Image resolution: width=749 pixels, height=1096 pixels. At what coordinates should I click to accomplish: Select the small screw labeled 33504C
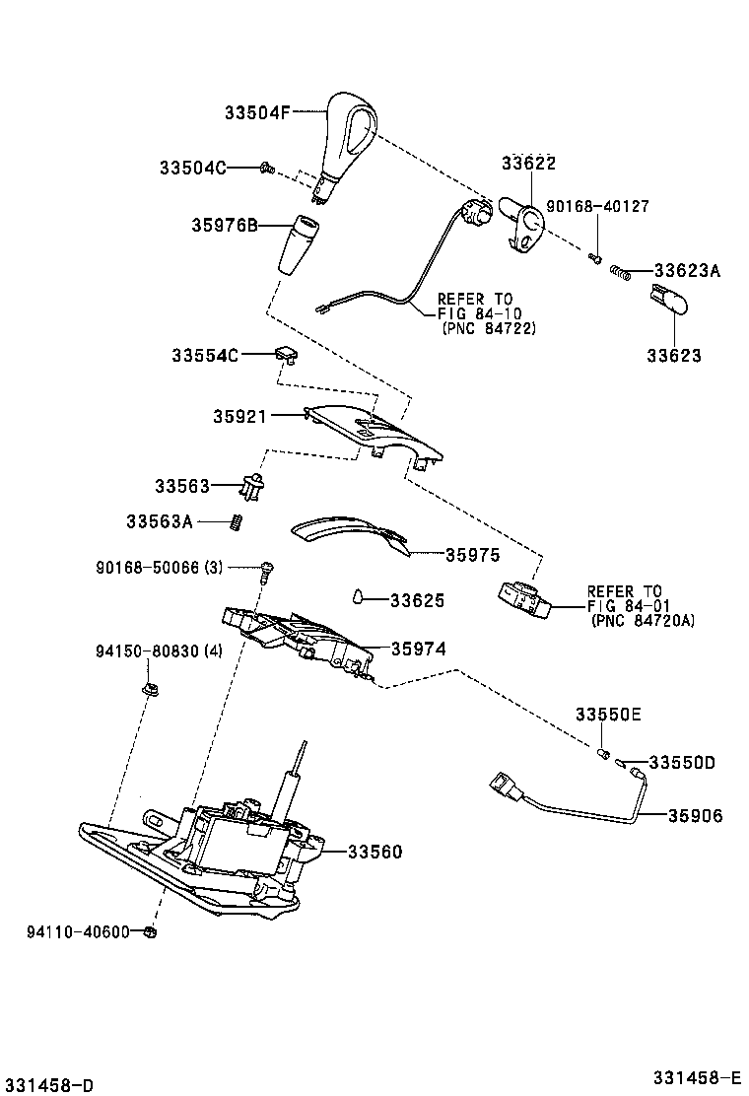pyautogui.click(x=265, y=168)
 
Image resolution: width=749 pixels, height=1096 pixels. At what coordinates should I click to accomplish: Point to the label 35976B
pyautogui.click(x=225, y=226)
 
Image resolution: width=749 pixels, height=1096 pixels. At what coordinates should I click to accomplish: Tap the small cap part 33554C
pyautogui.click(x=285, y=352)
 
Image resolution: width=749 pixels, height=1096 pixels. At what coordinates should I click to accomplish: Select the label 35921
pyautogui.click(x=239, y=417)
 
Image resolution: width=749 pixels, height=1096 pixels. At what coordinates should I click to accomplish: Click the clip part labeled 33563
pyautogui.click(x=255, y=485)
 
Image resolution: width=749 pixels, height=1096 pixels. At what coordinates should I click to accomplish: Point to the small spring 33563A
pyautogui.click(x=237, y=521)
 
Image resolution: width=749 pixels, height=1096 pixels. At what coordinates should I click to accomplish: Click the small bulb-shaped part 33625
pyautogui.click(x=361, y=596)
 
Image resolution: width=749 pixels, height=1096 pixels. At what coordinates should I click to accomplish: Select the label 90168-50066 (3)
pyautogui.click(x=160, y=568)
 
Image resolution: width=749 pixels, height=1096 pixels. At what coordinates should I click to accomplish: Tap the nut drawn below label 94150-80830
pyautogui.click(x=150, y=688)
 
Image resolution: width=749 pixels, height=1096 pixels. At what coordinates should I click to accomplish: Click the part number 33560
pyautogui.click(x=374, y=851)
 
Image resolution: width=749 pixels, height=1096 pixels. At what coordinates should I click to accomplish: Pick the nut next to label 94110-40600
pyautogui.click(x=149, y=930)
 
